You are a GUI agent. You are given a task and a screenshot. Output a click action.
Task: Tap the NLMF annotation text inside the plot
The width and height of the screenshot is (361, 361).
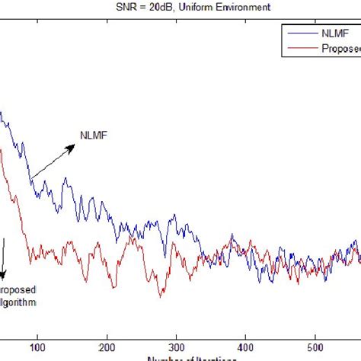(x=94, y=137)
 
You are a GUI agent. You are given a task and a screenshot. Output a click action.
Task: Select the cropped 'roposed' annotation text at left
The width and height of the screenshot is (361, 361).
(x=18, y=290)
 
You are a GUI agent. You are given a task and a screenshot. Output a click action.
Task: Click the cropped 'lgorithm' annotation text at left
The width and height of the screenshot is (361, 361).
(x=18, y=302)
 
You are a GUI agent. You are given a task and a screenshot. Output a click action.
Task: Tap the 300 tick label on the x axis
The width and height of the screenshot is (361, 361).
(x=177, y=343)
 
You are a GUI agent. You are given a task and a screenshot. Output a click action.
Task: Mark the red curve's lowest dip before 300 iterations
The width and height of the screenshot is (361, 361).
(x=161, y=296)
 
